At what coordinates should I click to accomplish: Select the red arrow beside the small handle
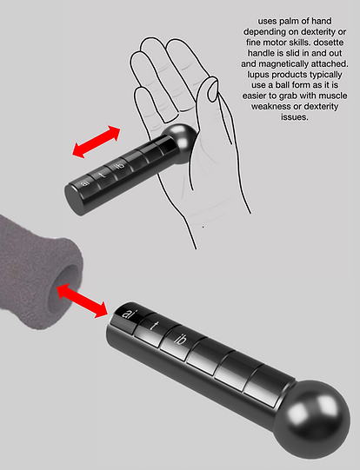click(96, 142)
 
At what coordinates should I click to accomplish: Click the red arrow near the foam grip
click(82, 301)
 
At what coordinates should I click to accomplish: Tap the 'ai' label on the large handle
click(130, 314)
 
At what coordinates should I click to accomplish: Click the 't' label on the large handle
click(155, 326)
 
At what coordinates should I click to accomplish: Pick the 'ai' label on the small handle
click(85, 182)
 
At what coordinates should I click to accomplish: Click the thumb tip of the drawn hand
click(214, 89)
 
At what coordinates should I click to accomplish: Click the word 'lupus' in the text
click(258, 75)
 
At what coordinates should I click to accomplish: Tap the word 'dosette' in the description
click(328, 43)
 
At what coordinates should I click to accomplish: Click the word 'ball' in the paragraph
click(283, 85)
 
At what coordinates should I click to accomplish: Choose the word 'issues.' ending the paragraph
click(294, 117)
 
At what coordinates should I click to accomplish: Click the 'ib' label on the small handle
click(120, 164)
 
